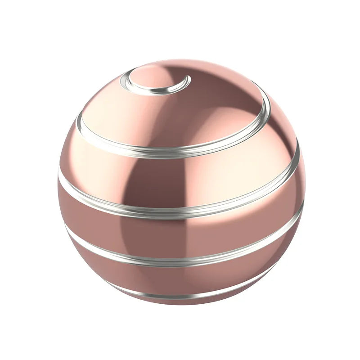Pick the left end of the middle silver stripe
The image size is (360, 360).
[x=59, y=173]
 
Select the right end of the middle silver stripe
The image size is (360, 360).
[x=298, y=148]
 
